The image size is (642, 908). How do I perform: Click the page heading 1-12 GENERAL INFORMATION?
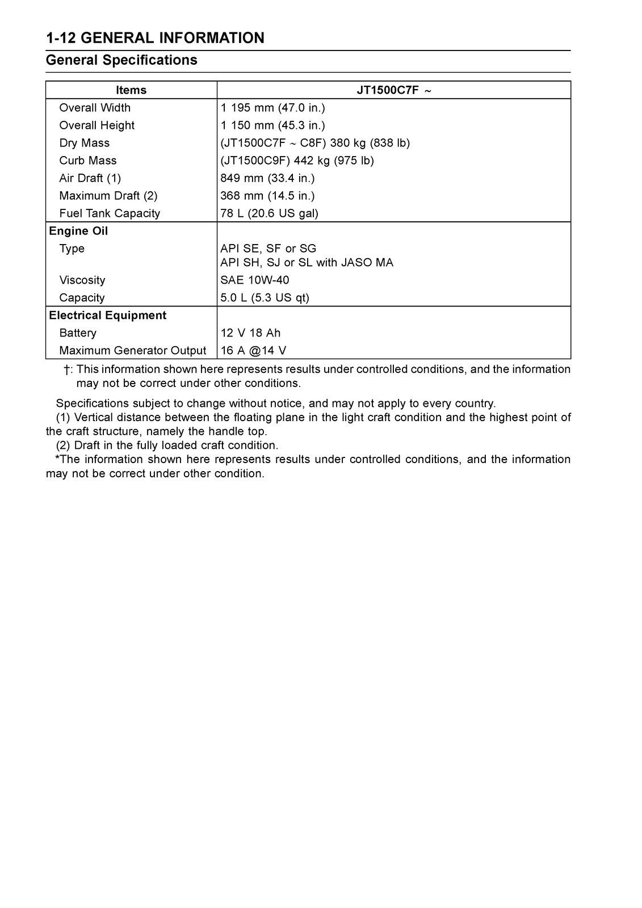(x=155, y=38)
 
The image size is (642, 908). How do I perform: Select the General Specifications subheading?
(x=121, y=60)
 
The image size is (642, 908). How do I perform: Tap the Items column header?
(x=131, y=90)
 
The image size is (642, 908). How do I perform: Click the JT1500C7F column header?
(x=393, y=90)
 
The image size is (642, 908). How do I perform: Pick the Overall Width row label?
(x=95, y=108)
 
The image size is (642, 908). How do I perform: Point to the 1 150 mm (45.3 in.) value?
(x=272, y=125)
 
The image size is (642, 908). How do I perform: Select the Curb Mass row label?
(x=87, y=161)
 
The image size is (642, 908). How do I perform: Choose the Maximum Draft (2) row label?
(x=108, y=196)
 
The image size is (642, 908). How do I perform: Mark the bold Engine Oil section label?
(x=78, y=231)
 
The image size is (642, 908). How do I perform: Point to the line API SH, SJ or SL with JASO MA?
(x=307, y=262)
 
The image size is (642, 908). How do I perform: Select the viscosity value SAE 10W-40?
(x=255, y=280)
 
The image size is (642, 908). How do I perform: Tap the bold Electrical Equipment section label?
(x=108, y=316)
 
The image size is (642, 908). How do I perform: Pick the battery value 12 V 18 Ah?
(x=250, y=333)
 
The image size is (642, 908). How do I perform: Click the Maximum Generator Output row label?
(x=132, y=351)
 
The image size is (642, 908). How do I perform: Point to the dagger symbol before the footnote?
(x=66, y=370)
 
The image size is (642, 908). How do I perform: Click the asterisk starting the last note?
(x=57, y=459)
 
